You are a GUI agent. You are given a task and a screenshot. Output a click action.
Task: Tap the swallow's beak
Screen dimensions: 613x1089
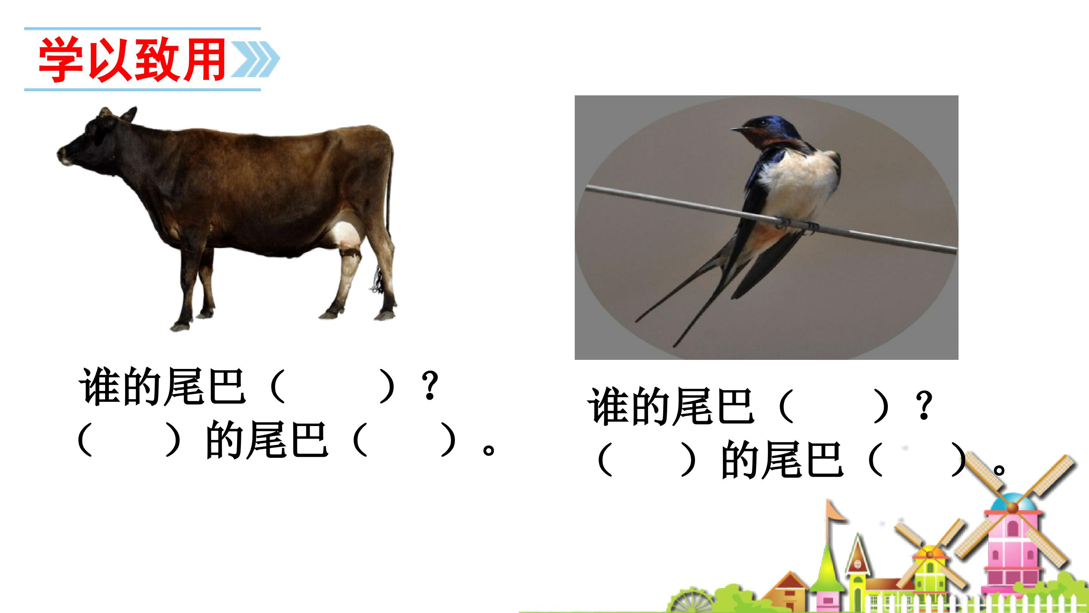coord(738,129)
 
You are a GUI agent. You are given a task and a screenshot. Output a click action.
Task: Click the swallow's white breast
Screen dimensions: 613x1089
coord(795,182)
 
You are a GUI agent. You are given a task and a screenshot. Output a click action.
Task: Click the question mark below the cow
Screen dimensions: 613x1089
coord(430,386)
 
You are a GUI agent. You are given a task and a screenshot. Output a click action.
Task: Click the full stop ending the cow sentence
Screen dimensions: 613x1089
coord(488,449)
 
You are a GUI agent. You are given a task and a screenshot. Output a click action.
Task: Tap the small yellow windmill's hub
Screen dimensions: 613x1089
coord(930,554)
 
